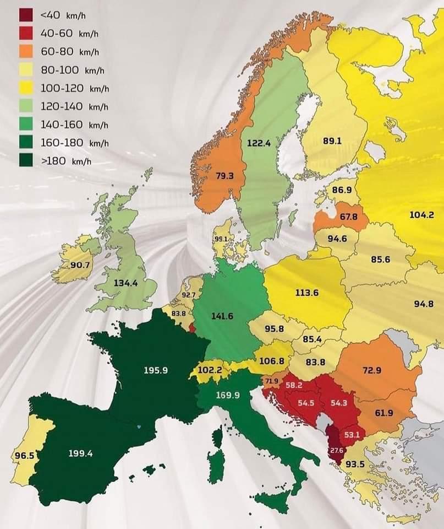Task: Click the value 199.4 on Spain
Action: tap(81, 454)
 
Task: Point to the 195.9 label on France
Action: tap(156, 370)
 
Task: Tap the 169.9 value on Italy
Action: tap(229, 395)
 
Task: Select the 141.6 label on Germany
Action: tap(223, 316)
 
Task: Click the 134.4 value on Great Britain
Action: tap(125, 283)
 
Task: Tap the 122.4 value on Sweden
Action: tap(259, 143)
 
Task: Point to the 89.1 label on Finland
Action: tap(332, 141)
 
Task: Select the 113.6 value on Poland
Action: tap(307, 293)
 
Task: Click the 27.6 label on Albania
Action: tap(336, 450)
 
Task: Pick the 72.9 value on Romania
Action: tap(372, 370)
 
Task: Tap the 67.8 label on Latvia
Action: tap(348, 217)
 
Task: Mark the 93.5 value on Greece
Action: tap(354, 463)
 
